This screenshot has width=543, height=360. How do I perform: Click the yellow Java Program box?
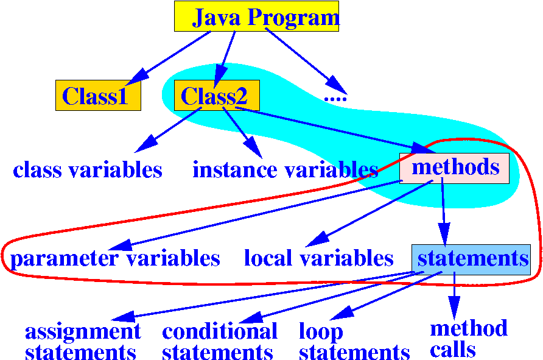[256, 16]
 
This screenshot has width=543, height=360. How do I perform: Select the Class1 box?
[98, 96]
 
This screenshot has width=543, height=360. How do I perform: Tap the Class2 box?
[216, 96]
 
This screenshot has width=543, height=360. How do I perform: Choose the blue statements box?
[471, 258]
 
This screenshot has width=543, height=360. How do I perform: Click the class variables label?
[88, 170]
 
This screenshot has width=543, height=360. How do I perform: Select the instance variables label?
[286, 170]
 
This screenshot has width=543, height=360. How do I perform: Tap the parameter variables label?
[115, 259]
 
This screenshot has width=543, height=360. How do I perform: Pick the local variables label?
[319, 259]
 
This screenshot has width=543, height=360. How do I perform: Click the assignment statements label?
[82, 342]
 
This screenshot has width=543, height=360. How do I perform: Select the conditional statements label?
[219, 342]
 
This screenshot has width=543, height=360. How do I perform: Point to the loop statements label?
[354, 342]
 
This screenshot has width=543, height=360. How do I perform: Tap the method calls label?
[468, 339]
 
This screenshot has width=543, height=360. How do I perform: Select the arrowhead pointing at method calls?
[454, 306]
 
